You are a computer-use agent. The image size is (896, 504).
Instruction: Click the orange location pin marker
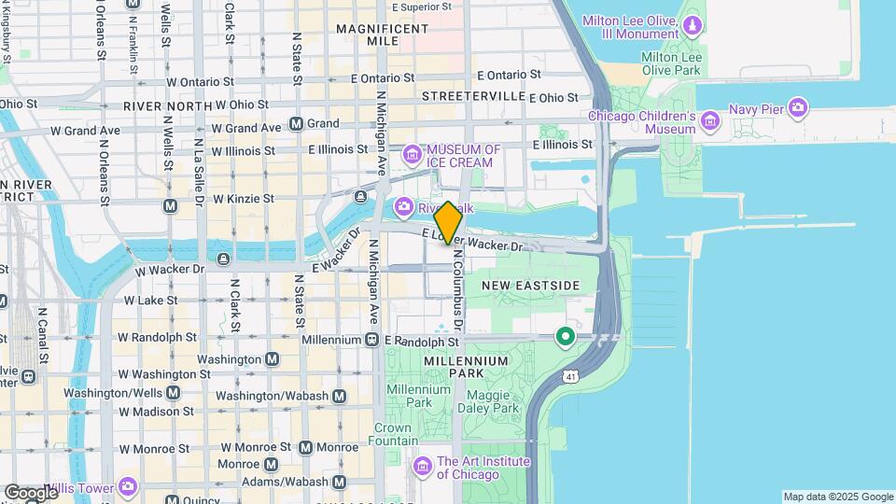(x=448, y=223)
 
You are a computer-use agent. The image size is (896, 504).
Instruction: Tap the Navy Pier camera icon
(x=797, y=108)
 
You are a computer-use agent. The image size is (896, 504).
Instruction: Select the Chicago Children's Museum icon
(x=710, y=119)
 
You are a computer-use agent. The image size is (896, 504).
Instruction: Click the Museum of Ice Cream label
(x=464, y=155)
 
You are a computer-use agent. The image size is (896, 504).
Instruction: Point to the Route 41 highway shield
(x=568, y=376)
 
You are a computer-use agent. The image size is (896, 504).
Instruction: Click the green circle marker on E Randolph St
(x=565, y=336)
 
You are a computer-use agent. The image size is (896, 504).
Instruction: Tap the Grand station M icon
(x=297, y=124)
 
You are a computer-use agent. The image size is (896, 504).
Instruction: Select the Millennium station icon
(x=371, y=340)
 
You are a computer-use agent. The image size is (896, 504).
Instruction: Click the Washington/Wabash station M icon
(x=339, y=396)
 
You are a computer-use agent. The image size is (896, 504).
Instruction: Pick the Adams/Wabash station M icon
(x=339, y=482)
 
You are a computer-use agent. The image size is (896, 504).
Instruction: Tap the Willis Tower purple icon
(x=127, y=486)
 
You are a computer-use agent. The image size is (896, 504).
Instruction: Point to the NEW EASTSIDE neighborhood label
(x=530, y=285)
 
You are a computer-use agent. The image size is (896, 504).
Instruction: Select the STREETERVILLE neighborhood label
(x=473, y=96)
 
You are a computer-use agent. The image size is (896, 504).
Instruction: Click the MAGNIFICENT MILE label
(x=382, y=35)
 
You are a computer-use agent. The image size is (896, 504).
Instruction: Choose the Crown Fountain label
(x=393, y=434)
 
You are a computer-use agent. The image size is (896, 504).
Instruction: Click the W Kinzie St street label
(x=243, y=199)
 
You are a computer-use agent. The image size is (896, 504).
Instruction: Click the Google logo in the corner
(x=30, y=492)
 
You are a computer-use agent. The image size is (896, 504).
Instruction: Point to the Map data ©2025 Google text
(x=837, y=497)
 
